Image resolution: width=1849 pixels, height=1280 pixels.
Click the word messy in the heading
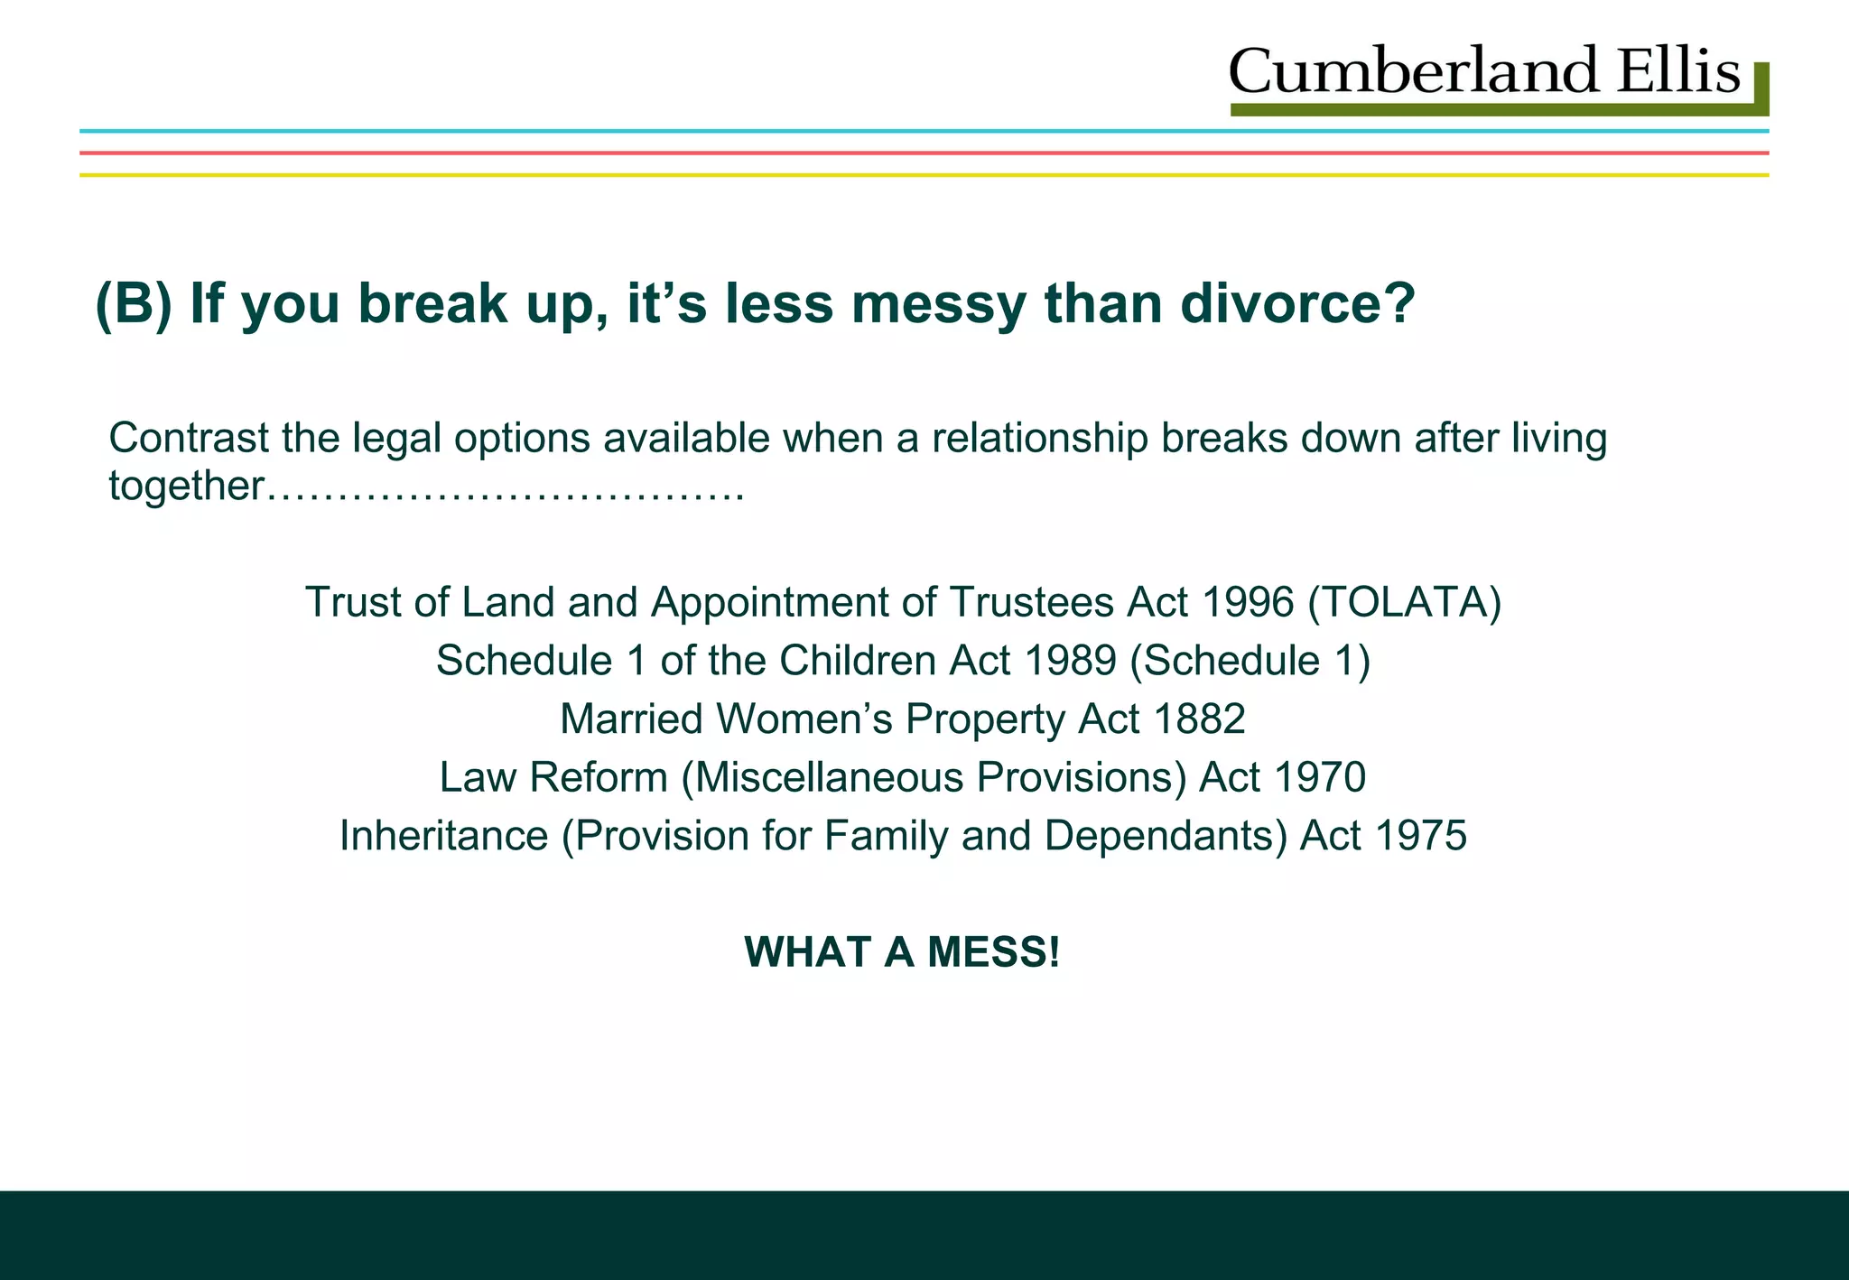tap(938, 305)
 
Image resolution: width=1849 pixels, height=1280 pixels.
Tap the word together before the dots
tap(186, 487)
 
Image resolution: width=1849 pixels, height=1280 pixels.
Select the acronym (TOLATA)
tap(1405, 602)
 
